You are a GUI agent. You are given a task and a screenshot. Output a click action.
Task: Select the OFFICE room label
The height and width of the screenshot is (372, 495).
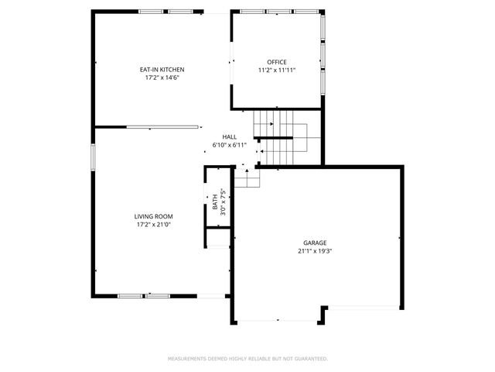click(x=277, y=62)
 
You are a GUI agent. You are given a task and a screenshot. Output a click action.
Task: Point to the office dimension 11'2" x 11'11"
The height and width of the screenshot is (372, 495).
click(x=277, y=71)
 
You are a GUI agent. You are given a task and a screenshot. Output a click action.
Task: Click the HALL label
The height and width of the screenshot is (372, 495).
click(x=230, y=136)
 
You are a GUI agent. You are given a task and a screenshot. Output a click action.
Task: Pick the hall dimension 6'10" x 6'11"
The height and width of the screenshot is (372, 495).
click(x=230, y=145)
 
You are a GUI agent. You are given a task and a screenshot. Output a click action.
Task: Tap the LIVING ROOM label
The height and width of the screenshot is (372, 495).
click(x=153, y=216)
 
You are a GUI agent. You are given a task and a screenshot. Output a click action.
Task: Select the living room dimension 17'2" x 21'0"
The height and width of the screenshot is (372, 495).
click(x=153, y=225)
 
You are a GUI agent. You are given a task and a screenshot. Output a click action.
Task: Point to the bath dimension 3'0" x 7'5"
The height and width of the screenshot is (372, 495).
click(x=223, y=200)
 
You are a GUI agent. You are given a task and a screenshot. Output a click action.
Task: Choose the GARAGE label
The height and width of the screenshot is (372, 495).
click(x=315, y=243)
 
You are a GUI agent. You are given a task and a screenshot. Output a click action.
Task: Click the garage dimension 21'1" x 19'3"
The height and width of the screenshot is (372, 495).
click(x=315, y=251)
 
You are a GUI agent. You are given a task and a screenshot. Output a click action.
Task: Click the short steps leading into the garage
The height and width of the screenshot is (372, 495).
click(x=247, y=179)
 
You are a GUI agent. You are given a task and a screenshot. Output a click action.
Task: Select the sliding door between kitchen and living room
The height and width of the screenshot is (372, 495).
click(x=162, y=127)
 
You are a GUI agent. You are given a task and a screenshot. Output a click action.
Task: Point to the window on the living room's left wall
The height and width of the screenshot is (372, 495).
click(x=93, y=155)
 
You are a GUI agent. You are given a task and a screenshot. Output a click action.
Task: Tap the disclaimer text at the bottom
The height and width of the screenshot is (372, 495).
click(x=247, y=359)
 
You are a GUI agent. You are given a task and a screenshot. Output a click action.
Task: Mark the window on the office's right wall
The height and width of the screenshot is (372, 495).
click(x=323, y=54)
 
